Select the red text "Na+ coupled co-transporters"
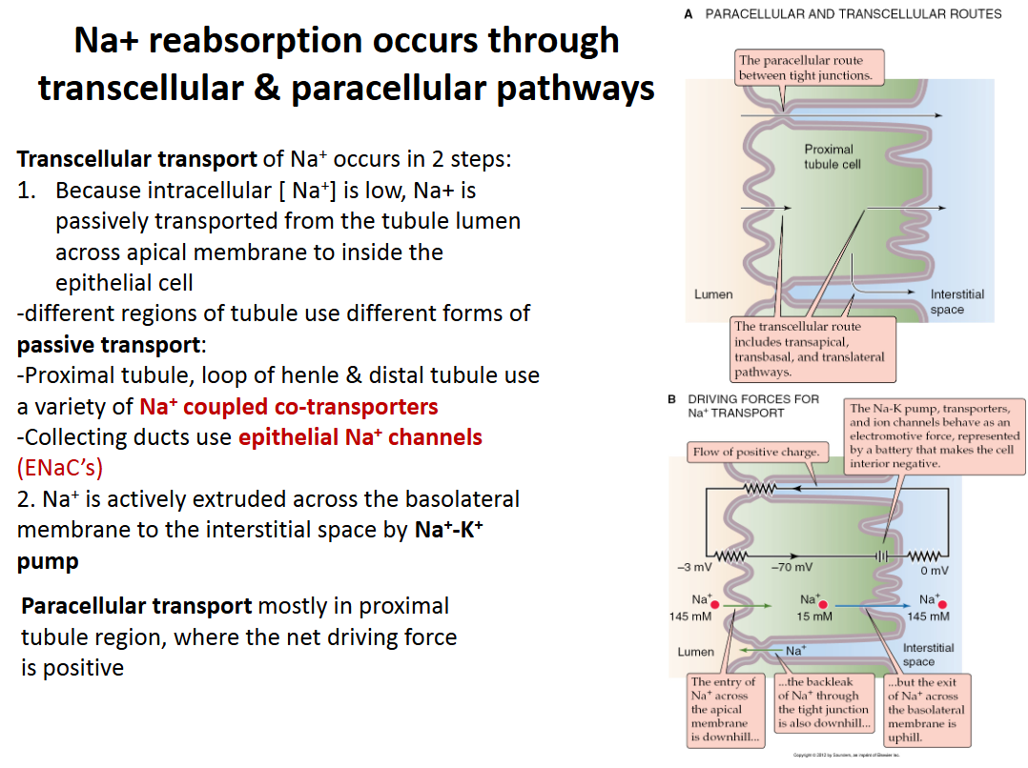289,407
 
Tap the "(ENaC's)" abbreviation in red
60,468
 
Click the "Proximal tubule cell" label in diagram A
829,156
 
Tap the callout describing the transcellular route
810,350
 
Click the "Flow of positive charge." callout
753,452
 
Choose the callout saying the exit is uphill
926,710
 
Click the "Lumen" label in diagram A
713,294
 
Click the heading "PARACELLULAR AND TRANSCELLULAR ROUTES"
853,13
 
